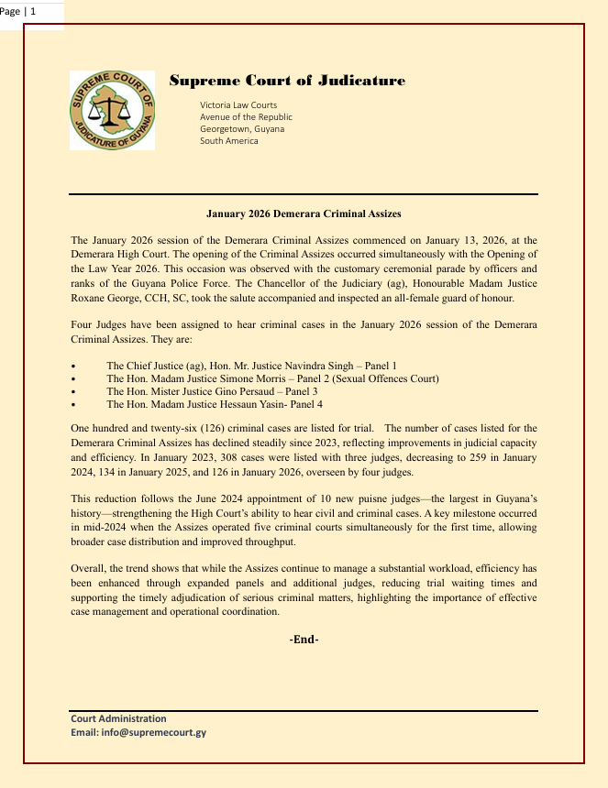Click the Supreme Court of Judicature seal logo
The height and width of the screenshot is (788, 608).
click(112, 110)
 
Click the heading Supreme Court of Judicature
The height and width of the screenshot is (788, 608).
click(287, 81)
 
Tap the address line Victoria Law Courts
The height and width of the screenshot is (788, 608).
click(238, 105)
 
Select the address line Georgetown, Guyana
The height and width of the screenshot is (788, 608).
click(242, 129)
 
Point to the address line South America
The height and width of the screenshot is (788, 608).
click(229, 141)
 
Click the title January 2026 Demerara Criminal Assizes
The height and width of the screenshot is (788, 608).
click(304, 213)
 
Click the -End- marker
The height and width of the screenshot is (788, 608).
click(304, 639)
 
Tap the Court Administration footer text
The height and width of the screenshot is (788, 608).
click(118, 718)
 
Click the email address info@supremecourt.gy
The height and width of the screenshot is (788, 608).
click(151, 732)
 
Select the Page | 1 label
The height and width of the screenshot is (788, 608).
click(19, 11)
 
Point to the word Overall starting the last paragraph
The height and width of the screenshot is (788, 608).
click(89, 568)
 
